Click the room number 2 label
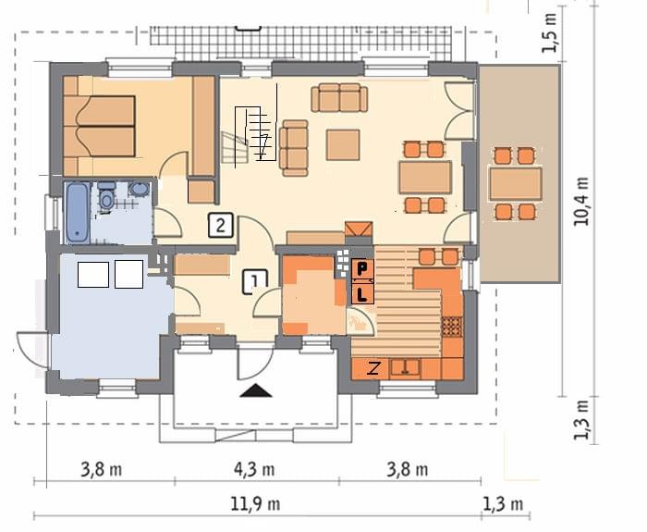tap(221, 226)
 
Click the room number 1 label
tap(254, 281)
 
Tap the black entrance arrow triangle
tap(256, 390)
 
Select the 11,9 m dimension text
tap(255, 504)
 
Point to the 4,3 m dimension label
tap(254, 470)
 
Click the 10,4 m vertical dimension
tap(581, 201)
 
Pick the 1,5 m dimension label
tap(550, 33)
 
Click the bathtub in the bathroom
tap(77, 212)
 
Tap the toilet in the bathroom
tap(106, 196)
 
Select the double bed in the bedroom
tap(100, 126)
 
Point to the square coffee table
tap(343, 144)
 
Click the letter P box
tap(362, 270)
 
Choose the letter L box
tap(362, 293)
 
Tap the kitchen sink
tap(406, 367)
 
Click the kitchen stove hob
tap(453, 327)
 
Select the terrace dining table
tap(516, 184)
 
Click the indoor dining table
tap(425, 178)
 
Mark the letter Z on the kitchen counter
tap(373, 368)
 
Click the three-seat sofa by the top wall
tap(339, 98)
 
